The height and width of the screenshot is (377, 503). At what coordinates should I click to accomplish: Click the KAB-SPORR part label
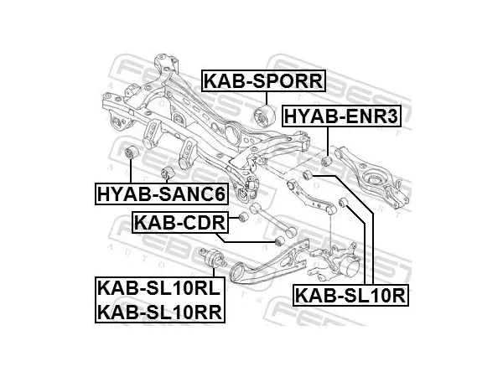(263, 81)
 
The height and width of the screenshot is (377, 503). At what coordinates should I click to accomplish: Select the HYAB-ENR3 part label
(341, 116)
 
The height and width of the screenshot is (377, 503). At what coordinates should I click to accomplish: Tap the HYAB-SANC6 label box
(162, 194)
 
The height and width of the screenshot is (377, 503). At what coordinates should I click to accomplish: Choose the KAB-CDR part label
(180, 222)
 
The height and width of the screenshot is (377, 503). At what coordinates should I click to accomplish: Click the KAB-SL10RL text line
(159, 288)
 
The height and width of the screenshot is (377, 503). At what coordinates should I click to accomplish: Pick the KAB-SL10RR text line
(160, 312)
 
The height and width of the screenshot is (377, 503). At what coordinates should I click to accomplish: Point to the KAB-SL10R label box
(350, 295)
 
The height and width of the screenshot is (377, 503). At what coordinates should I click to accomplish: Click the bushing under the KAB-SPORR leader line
(265, 116)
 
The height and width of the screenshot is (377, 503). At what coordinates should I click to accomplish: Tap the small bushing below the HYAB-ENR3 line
(326, 160)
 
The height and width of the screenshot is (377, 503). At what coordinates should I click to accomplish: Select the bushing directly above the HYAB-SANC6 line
(130, 152)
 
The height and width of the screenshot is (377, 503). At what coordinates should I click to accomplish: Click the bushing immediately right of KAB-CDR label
(243, 217)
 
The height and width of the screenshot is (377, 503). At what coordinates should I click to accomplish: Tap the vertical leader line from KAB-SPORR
(267, 98)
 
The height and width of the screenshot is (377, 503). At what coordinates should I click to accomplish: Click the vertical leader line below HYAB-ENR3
(328, 142)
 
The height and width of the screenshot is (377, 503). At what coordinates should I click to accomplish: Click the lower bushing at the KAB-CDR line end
(280, 240)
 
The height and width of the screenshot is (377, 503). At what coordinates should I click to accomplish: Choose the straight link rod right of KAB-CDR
(273, 220)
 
